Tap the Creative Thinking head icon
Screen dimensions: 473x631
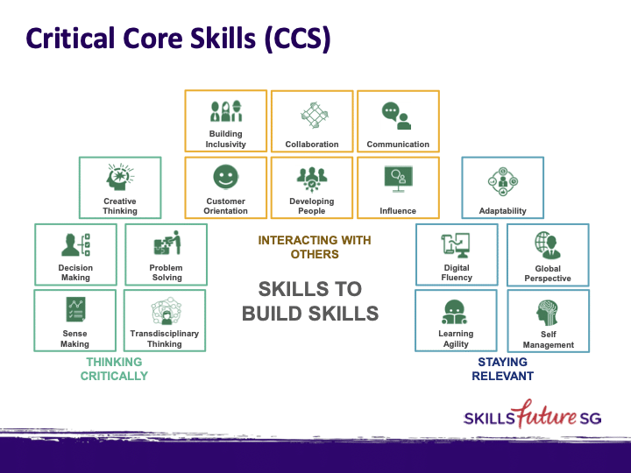[x=120, y=177]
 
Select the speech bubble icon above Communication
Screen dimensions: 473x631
[x=397, y=115]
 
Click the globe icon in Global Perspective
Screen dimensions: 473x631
[x=548, y=244]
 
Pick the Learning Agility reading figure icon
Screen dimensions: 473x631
[x=455, y=311]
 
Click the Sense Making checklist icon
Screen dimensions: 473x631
[x=74, y=309]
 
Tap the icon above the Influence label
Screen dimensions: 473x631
[x=398, y=179]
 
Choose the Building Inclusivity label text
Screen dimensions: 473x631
[x=226, y=139]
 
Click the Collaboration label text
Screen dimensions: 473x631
[x=312, y=145]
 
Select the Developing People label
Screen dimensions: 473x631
[x=312, y=206]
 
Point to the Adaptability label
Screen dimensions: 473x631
[x=503, y=211]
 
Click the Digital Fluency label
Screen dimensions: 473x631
[x=457, y=272]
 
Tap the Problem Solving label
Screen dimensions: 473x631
[x=166, y=272]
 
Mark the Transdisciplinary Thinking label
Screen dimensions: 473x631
[x=165, y=339]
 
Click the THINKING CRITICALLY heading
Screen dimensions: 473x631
[x=114, y=369]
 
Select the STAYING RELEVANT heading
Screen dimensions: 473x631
[x=502, y=369]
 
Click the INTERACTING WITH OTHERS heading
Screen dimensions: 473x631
[x=314, y=247]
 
